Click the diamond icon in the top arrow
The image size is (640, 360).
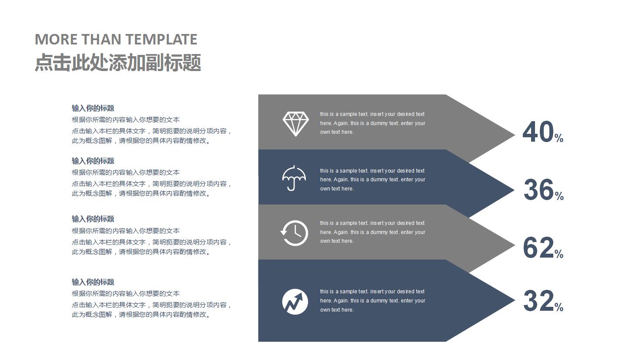click(x=295, y=124)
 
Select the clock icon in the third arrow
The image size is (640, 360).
click(x=294, y=233)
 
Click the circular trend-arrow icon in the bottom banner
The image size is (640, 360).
click(x=295, y=301)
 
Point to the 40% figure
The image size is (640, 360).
click(x=542, y=132)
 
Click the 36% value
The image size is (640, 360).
click(x=543, y=190)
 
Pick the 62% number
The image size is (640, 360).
click(x=542, y=248)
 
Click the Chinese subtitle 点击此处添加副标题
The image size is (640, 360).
click(x=118, y=62)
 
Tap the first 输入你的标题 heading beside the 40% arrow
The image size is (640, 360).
click(x=93, y=108)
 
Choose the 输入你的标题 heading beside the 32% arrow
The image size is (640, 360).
click(x=93, y=282)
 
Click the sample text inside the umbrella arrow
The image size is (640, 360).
click(x=372, y=180)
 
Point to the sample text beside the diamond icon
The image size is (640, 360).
click(x=372, y=123)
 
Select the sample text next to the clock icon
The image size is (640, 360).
click(x=372, y=232)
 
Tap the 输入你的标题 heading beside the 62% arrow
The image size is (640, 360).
click(x=93, y=219)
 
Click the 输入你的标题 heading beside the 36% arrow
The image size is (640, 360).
click(x=93, y=161)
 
